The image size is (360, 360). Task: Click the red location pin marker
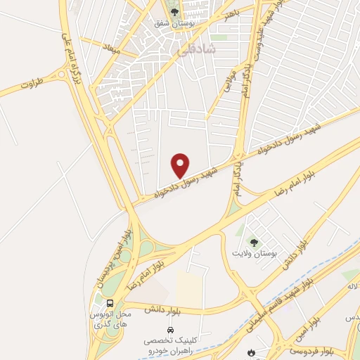pos(181,165)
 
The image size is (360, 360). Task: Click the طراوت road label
pos(32,84)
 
